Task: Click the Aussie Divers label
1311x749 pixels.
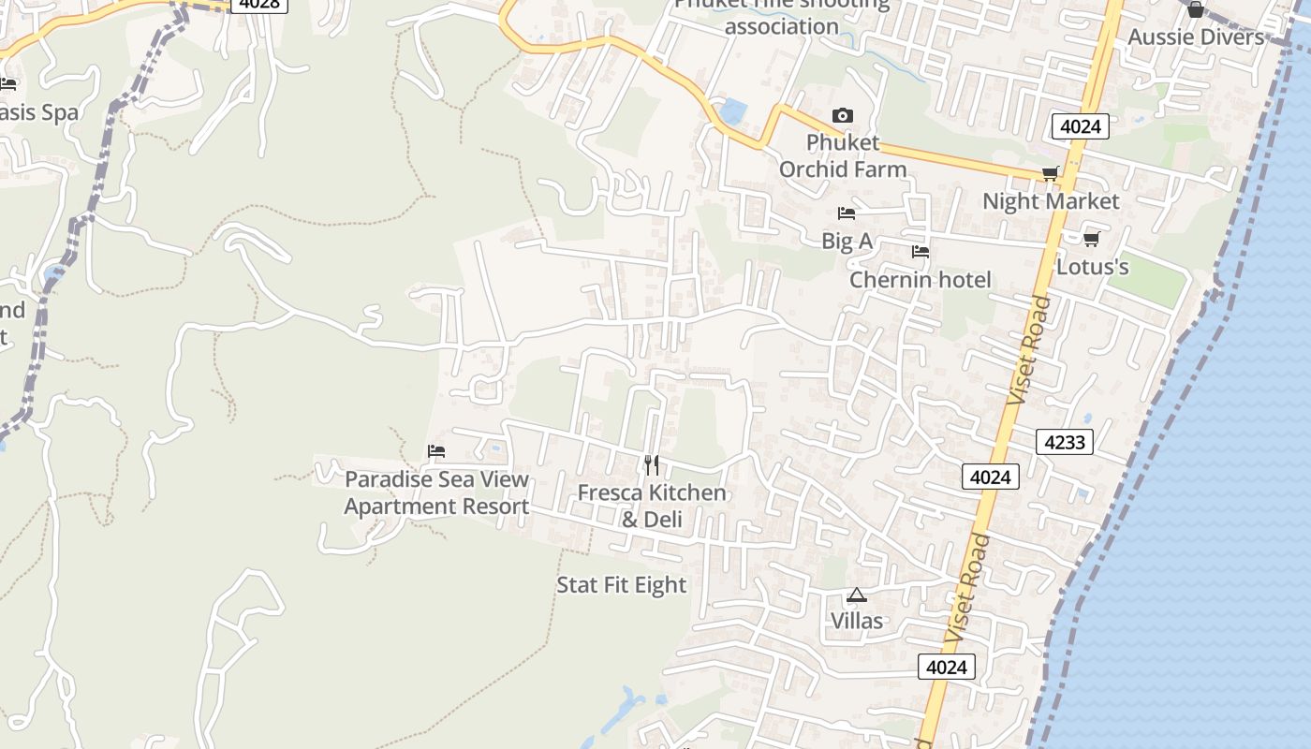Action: pyautogui.click(x=1196, y=37)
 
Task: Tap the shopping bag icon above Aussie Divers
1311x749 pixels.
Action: pyautogui.click(x=1196, y=10)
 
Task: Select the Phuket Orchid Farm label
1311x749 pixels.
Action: pyautogui.click(x=843, y=155)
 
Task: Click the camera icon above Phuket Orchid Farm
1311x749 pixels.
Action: pyautogui.click(x=843, y=116)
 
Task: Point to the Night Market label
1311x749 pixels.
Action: pyautogui.click(x=1051, y=201)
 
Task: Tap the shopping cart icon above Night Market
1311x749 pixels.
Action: pyautogui.click(x=1051, y=173)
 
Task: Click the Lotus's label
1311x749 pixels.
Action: pyautogui.click(x=1092, y=267)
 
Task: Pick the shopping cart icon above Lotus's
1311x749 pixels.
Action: pyautogui.click(x=1091, y=240)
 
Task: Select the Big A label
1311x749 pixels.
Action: pyautogui.click(x=847, y=241)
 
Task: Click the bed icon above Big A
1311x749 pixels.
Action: pyautogui.click(x=847, y=213)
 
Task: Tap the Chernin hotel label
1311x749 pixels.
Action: pyautogui.click(x=920, y=280)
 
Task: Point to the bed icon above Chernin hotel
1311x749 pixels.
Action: pyautogui.click(x=921, y=252)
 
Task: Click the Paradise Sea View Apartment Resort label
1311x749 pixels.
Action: pyautogui.click(x=436, y=492)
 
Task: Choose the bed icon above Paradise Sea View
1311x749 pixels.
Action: pyautogui.click(x=436, y=451)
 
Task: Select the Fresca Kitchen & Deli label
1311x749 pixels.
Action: pyautogui.click(x=652, y=506)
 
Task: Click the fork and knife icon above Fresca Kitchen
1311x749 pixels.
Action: pyautogui.click(x=652, y=464)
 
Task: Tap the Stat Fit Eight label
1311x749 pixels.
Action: pyautogui.click(x=622, y=585)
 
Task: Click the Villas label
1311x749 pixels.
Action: pyautogui.click(x=857, y=621)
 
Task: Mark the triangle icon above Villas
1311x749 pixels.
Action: pyautogui.click(x=857, y=595)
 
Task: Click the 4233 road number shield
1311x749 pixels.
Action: pyautogui.click(x=1065, y=441)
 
